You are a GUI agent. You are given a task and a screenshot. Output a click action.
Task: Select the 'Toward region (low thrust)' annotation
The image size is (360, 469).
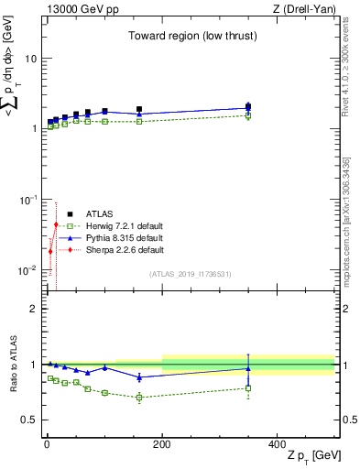point(190,37)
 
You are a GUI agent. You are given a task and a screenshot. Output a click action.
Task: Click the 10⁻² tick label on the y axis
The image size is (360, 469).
point(28,270)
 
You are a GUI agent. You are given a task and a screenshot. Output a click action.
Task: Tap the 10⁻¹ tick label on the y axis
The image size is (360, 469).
point(28,200)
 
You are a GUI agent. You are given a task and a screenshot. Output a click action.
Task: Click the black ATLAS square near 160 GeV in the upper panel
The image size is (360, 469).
point(139,109)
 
